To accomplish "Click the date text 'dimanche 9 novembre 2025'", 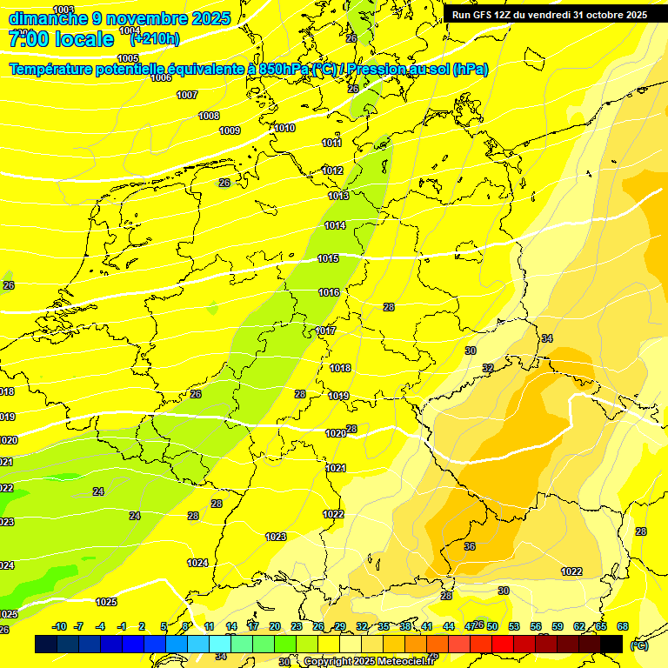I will pyautogui.click(x=119, y=18).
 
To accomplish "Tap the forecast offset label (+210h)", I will pyautogui.click(x=155, y=38).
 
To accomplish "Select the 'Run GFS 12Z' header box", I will pyautogui.click(x=549, y=15).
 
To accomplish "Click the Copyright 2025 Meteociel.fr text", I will pyautogui.click(x=369, y=661).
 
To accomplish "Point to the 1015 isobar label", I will pyautogui.click(x=328, y=259).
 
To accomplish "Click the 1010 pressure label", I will pyautogui.click(x=284, y=129).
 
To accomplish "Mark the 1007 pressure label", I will pyautogui.click(x=187, y=96).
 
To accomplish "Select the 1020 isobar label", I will pyautogui.click(x=336, y=433).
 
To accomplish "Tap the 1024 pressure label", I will pyautogui.click(x=197, y=564).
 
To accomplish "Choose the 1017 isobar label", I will pyautogui.click(x=326, y=331).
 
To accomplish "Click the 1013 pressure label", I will pyautogui.click(x=338, y=197).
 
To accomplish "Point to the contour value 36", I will pyautogui.click(x=470, y=547).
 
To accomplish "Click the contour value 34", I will pyautogui.click(x=546, y=338).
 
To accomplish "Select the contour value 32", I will pyautogui.click(x=488, y=369).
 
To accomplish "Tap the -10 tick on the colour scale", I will pyautogui.click(x=59, y=627).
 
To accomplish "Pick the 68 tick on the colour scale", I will pyautogui.click(x=623, y=627).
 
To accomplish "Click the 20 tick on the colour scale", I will pyautogui.click(x=274, y=627).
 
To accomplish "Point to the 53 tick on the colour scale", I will pyautogui.click(x=513, y=627).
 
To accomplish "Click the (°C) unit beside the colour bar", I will pyautogui.click(x=639, y=645).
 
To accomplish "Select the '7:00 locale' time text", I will pyautogui.click(x=61, y=39).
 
